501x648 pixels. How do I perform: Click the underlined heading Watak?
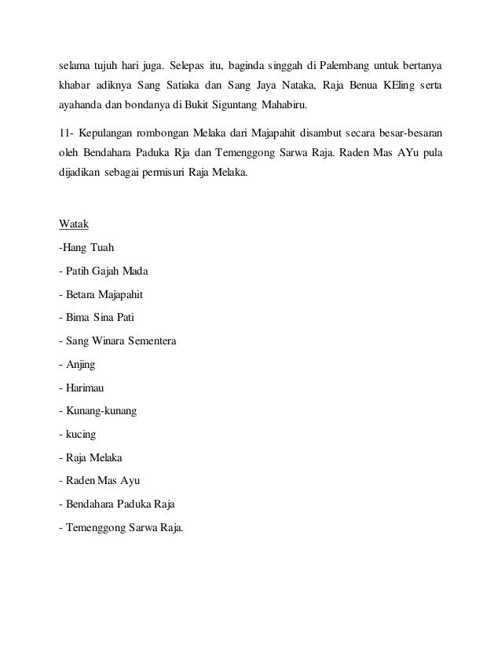(x=74, y=224)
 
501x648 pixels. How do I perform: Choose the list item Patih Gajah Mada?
(x=103, y=273)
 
